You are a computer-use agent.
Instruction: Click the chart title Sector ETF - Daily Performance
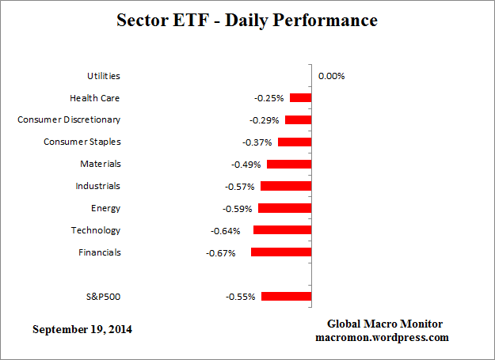247,20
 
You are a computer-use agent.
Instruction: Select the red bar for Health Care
300,98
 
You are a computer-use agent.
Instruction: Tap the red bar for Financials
280,252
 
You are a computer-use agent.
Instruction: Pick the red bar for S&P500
286,297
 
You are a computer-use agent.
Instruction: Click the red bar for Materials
289,165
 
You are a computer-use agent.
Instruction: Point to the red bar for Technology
282,230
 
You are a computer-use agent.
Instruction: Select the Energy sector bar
284,209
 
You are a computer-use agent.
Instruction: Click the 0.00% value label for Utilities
331,76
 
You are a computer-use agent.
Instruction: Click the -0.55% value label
241,297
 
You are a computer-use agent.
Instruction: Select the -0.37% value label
257,142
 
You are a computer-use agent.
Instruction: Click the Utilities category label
103,76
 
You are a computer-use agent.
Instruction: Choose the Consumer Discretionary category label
69,120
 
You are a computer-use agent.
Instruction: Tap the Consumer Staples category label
82,142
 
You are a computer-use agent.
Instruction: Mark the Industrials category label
97,187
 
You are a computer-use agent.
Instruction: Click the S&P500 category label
103,297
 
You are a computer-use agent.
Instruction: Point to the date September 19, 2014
82,329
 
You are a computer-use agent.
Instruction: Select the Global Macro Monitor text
385,324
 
